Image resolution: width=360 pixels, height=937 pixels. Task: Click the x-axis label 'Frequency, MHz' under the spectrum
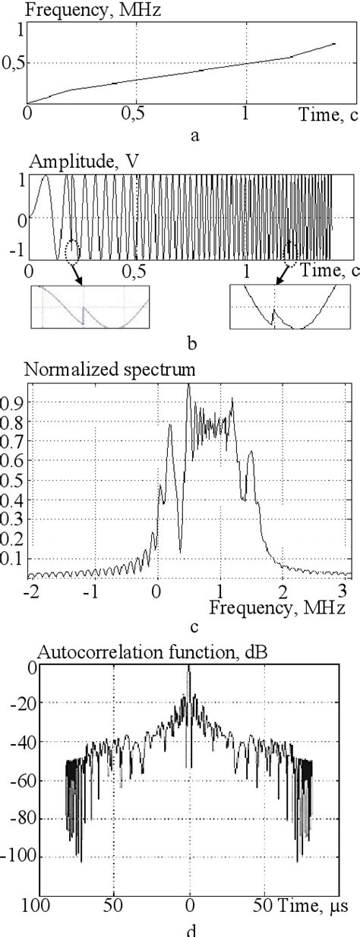(277, 607)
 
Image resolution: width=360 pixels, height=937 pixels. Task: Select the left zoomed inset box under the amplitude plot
(90, 307)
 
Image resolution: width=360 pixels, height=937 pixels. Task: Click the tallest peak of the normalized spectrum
(188, 386)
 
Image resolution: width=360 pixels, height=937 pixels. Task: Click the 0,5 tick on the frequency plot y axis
(12, 64)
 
